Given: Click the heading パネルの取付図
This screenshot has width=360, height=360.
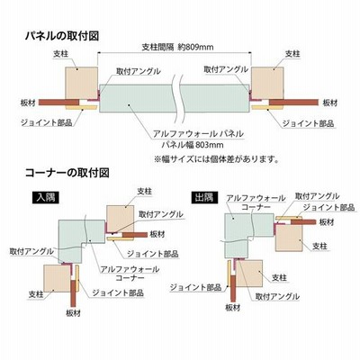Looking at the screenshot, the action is click(x=62, y=36).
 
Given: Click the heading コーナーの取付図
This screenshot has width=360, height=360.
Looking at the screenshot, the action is click(x=67, y=173).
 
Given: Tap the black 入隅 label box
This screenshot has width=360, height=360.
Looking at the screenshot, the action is click(x=46, y=198).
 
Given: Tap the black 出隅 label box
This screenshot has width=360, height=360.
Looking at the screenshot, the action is click(x=204, y=198).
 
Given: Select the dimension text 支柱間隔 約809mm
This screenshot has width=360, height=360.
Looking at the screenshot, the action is click(x=177, y=47).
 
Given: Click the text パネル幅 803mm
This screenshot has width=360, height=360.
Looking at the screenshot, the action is click(x=193, y=145).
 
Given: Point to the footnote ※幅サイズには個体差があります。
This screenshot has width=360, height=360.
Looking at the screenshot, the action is click(x=217, y=158).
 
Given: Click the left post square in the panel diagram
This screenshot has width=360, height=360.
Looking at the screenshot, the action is click(x=82, y=83).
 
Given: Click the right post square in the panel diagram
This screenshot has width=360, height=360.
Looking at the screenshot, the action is click(x=267, y=83).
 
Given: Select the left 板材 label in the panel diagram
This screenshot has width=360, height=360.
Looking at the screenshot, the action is click(x=28, y=103).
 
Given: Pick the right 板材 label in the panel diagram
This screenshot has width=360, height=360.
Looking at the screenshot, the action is click(x=330, y=103).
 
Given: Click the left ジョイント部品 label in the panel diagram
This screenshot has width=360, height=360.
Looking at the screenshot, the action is click(x=47, y=123).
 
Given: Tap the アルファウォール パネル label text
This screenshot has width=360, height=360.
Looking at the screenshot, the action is click(x=198, y=133).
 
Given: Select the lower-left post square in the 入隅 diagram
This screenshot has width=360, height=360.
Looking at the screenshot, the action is click(x=57, y=278).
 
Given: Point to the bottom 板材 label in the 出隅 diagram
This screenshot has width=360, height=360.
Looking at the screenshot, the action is click(x=233, y=308).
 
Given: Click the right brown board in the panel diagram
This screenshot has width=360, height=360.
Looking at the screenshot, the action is click(x=293, y=103).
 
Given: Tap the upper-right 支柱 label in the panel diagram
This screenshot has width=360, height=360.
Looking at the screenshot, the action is click(x=292, y=54).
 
